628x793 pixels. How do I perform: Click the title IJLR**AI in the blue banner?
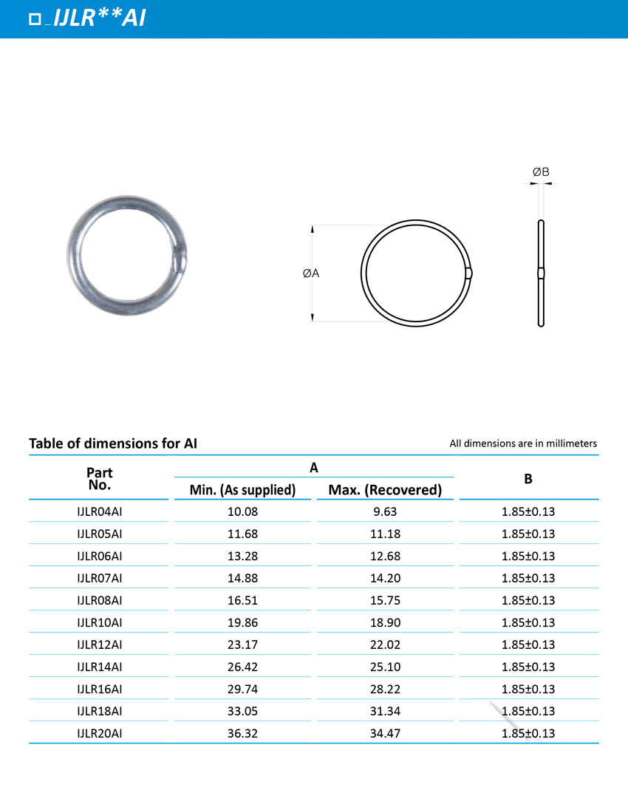99,18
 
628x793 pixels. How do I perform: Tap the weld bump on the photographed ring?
180,259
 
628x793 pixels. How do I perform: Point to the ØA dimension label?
310,273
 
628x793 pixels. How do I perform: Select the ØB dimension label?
541,172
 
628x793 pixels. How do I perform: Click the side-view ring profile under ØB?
541,273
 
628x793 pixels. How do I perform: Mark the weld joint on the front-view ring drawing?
469,273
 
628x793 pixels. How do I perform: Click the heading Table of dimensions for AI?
113,443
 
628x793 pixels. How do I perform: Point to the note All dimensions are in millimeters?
523,443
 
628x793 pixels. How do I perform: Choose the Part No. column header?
100,479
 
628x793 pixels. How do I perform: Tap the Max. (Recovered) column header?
385,489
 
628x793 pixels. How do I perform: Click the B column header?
528,479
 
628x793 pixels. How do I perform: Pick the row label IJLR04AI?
100,511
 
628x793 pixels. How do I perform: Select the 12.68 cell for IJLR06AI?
385,555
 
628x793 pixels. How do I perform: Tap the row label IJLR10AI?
100,622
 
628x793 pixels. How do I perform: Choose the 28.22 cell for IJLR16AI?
385,688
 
